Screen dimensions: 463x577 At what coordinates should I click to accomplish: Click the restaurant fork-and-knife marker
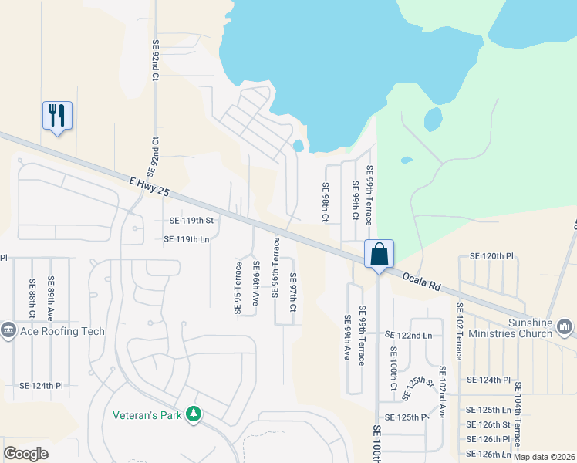pos(57,116)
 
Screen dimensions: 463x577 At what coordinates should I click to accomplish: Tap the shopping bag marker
pos(380,254)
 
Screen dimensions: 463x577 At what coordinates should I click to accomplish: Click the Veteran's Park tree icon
pos(193,415)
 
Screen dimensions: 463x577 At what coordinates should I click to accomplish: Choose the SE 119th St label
pos(191,221)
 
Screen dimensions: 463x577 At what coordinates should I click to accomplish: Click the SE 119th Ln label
pos(187,239)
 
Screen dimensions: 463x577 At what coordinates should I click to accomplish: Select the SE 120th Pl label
pos(492,256)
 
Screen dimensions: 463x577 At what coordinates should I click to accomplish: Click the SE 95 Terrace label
pos(238,288)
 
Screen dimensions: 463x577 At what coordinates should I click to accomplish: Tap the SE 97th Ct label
pos(293,292)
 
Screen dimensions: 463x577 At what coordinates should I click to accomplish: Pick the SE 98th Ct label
pos(326,202)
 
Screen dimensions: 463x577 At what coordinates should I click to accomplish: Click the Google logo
pos(26,454)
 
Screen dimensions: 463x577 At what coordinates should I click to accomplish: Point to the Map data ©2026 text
pos(543,457)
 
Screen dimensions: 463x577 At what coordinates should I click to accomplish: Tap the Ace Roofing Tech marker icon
pos(9,331)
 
